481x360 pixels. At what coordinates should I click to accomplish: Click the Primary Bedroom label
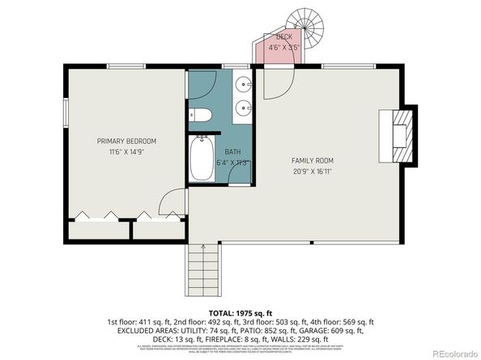point(126,141)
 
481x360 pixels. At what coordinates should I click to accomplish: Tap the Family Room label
point(313,160)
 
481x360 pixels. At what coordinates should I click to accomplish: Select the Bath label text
point(232,151)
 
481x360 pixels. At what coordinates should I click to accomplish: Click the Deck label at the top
point(284,38)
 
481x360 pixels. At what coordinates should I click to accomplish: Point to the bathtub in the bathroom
point(202,159)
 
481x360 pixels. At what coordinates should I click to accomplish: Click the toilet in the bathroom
point(202,114)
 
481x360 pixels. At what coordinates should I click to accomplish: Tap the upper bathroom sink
point(243,84)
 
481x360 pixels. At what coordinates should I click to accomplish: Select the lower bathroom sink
point(243,107)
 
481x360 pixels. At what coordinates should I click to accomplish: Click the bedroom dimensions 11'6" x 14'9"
point(126,151)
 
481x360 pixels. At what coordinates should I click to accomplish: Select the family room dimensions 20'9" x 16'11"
point(313,171)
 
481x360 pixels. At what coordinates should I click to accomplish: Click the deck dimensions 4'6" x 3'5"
point(286,48)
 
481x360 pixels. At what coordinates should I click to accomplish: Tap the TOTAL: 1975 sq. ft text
point(240,311)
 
